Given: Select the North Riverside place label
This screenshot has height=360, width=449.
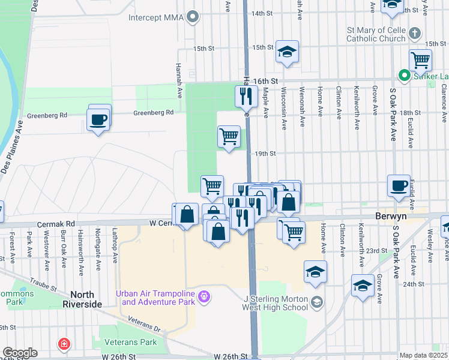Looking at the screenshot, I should (86, 299).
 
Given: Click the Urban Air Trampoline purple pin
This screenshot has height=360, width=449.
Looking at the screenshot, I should (205, 296).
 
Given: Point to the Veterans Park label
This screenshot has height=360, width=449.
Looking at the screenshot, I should (130, 343).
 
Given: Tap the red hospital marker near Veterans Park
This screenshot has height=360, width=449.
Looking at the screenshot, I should (63, 344).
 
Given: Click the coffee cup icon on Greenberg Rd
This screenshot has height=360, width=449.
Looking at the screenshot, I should (98, 119).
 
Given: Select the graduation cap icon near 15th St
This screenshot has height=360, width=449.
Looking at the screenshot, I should (288, 51).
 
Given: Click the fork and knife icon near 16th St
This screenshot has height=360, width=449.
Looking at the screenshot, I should (246, 95).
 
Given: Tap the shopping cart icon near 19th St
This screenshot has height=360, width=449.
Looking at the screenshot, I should (229, 136).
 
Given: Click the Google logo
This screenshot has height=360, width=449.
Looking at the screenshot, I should (20, 353).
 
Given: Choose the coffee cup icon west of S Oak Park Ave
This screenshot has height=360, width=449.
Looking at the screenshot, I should (399, 185).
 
